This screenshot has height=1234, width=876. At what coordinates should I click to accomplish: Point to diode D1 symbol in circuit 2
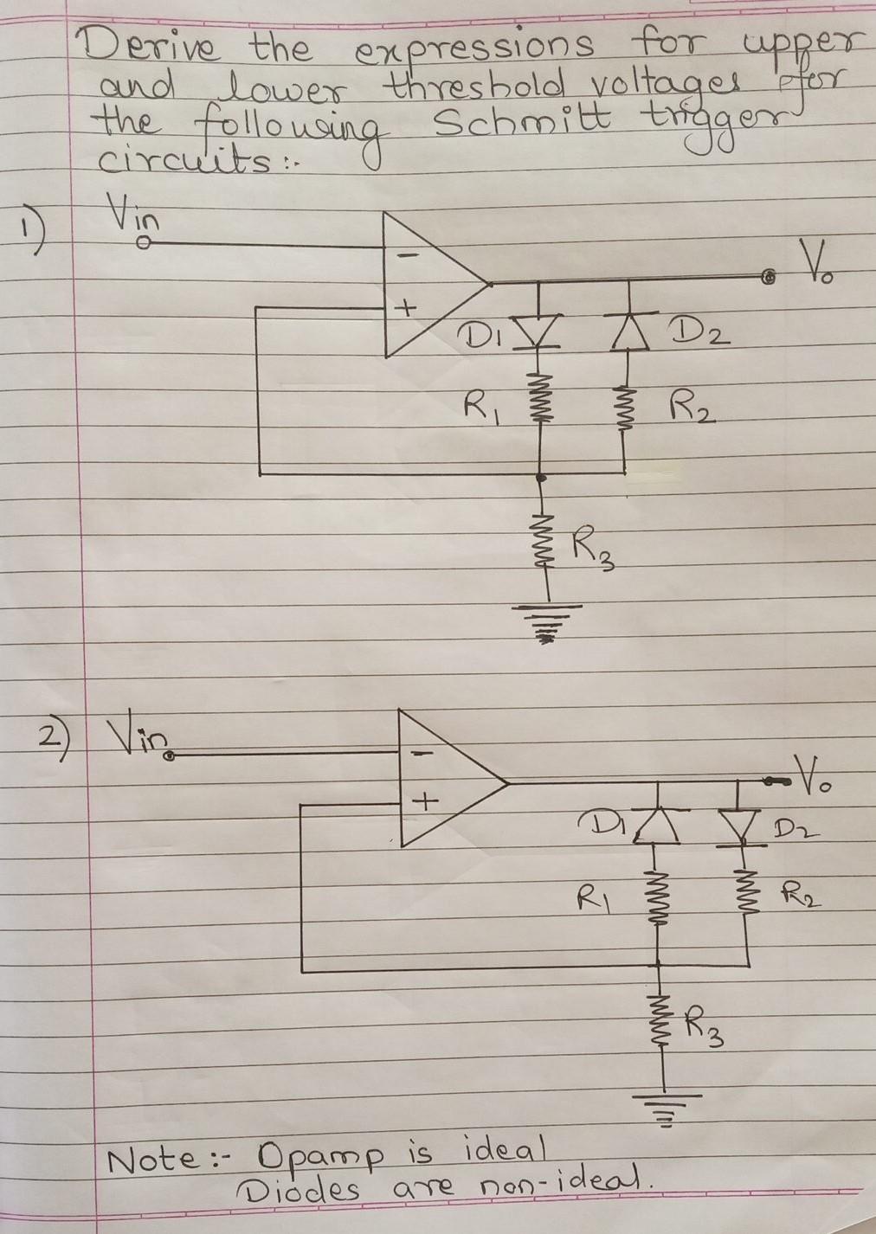point(658,826)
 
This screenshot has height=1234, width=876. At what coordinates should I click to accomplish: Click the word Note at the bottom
point(151,1158)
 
